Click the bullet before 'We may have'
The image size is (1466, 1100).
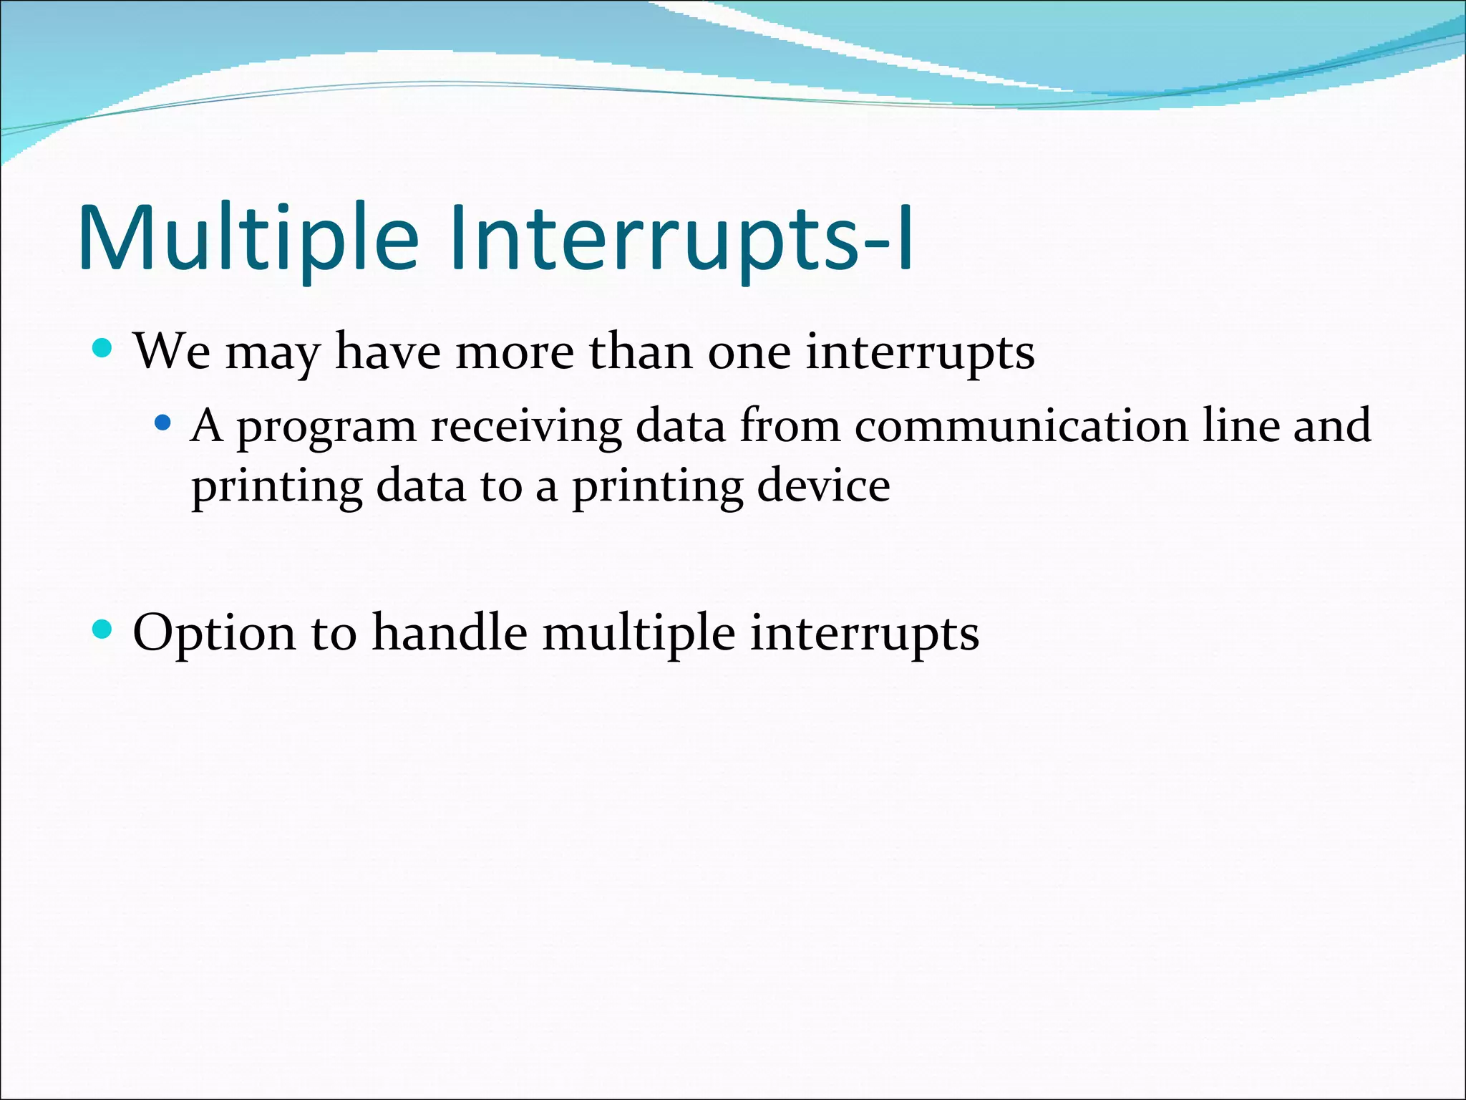point(103,349)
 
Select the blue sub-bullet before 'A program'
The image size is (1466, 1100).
point(163,423)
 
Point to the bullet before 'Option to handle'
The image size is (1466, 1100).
point(103,629)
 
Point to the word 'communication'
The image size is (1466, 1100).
point(1020,427)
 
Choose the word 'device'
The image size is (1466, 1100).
point(823,487)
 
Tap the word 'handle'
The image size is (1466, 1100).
point(450,633)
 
